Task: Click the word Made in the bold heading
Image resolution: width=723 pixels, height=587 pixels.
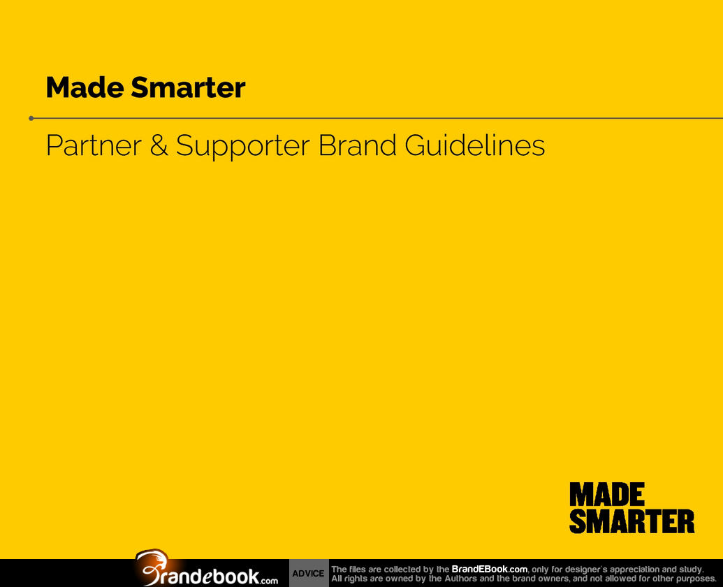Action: [x=85, y=87]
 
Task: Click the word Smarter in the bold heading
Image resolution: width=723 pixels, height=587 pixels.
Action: [x=188, y=87]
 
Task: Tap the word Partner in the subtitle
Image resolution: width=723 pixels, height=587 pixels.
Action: [x=94, y=146]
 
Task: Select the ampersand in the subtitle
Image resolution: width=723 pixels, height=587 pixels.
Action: [x=159, y=146]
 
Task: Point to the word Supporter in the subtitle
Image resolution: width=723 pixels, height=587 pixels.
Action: [x=242, y=147]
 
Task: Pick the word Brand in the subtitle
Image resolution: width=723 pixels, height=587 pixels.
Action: [x=358, y=145]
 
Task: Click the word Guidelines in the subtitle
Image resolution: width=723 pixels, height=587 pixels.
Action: [x=475, y=145]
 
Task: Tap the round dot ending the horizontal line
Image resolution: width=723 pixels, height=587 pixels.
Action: [x=31, y=119]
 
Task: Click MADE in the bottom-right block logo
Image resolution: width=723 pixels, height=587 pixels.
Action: [x=607, y=494]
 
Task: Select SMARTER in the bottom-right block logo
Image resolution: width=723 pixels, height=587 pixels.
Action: [x=631, y=521]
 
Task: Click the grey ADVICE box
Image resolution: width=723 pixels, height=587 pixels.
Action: [x=309, y=573]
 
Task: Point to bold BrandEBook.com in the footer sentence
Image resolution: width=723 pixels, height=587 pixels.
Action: [x=489, y=570]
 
